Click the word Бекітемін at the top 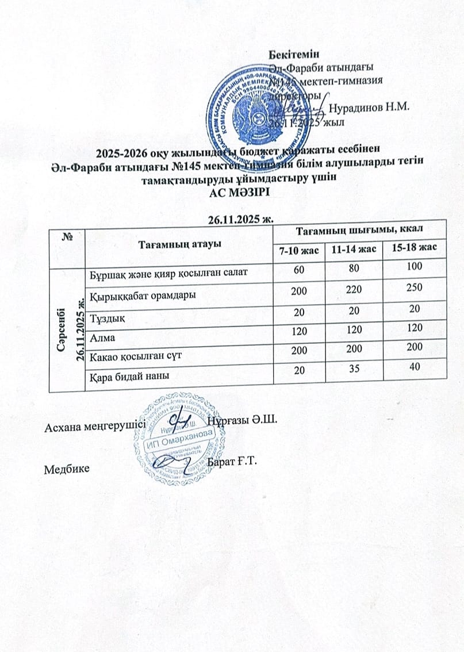(294, 55)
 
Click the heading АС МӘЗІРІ (233, 193)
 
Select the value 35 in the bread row (354, 369)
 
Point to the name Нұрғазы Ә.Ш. (242, 420)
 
